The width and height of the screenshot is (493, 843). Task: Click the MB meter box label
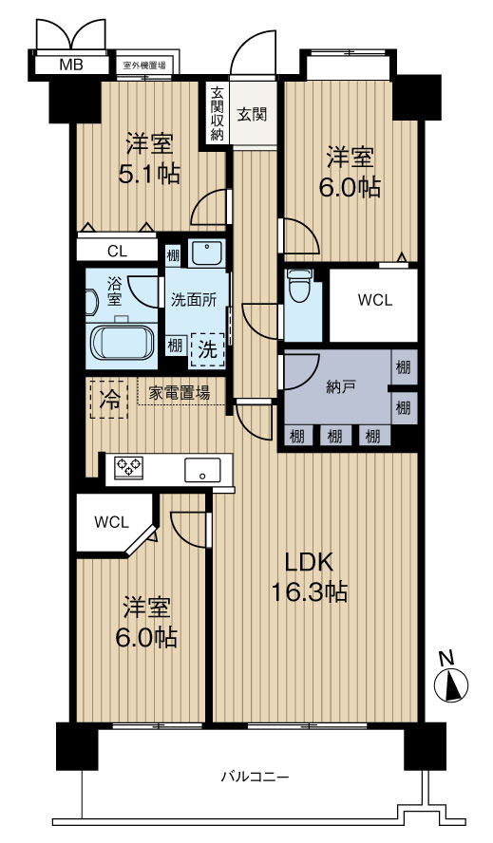tap(71, 66)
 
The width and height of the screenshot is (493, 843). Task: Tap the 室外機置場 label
tap(144, 66)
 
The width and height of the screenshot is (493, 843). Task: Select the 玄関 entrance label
tap(253, 113)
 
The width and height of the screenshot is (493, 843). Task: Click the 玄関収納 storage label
tap(217, 114)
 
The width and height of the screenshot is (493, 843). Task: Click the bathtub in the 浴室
tap(123, 343)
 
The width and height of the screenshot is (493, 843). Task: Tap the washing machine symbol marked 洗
tap(207, 350)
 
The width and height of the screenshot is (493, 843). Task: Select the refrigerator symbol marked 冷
tap(109, 400)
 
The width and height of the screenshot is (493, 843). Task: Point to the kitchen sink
tap(202, 470)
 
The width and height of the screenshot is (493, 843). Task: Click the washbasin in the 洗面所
tap(207, 253)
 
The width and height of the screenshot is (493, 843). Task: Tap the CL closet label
tap(118, 251)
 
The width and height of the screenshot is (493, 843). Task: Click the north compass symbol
tap(451, 682)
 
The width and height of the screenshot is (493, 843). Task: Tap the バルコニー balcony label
tap(256, 777)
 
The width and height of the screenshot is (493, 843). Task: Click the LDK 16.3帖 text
tap(309, 577)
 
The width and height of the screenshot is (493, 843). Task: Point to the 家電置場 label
tap(180, 393)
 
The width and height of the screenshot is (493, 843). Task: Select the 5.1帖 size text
tap(149, 175)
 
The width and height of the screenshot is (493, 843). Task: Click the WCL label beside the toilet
tap(375, 300)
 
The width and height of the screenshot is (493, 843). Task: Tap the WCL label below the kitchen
tap(111, 521)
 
